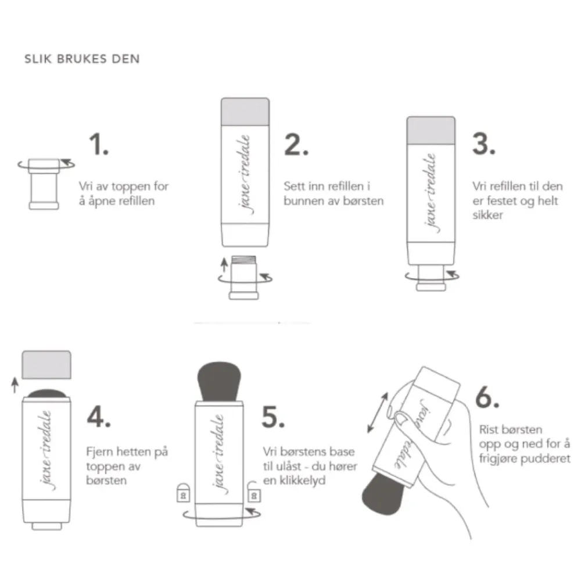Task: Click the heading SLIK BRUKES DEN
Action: pyautogui.click(x=82, y=59)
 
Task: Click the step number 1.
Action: pyautogui.click(x=98, y=145)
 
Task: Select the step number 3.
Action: pyautogui.click(x=483, y=145)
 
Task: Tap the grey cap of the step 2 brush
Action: pyautogui.click(x=245, y=110)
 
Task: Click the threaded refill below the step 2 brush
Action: pyautogui.click(x=244, y=277)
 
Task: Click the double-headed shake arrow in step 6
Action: pyautogui.click(x=378, y=412)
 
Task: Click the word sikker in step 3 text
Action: pyautogui.click(x=486, y=215)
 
